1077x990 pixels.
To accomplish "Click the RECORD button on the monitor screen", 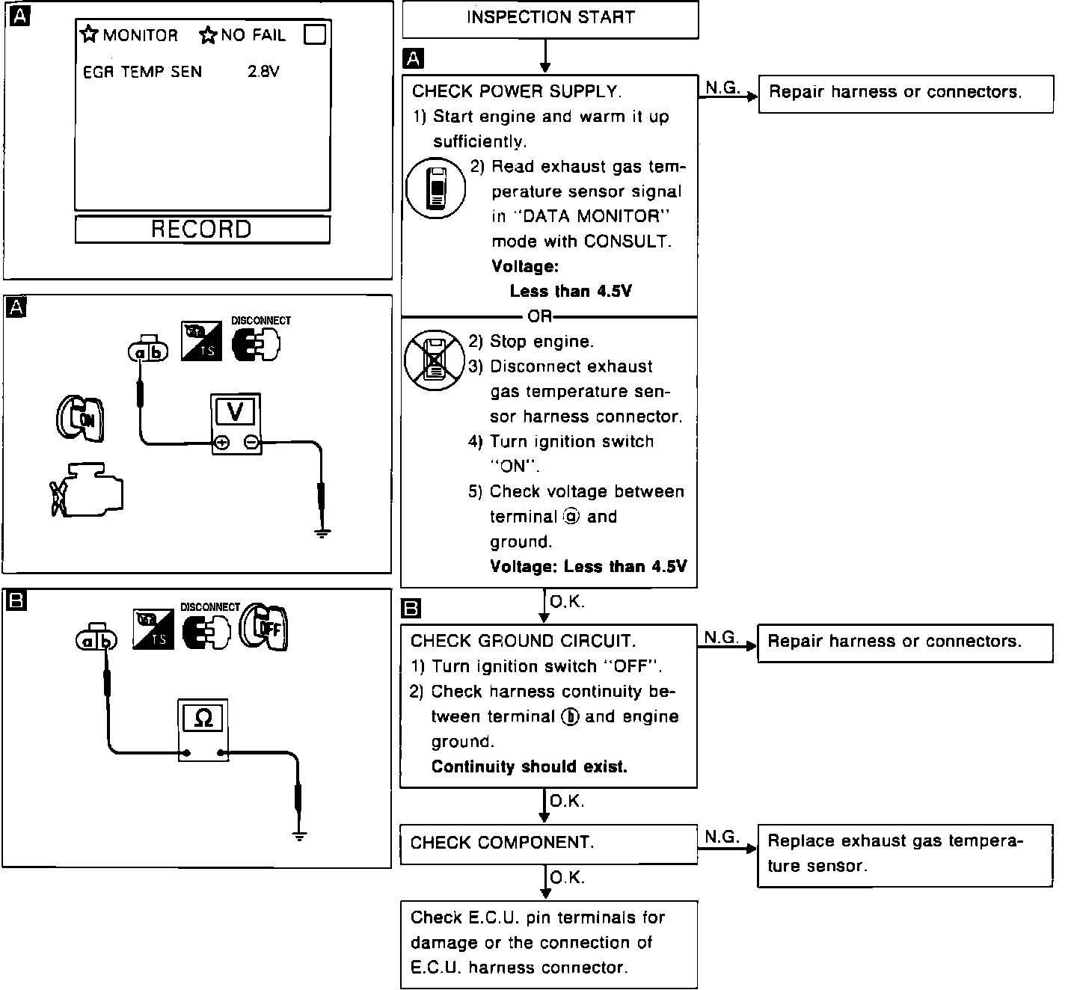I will (202, 230).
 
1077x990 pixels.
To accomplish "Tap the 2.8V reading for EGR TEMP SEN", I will (263, 72).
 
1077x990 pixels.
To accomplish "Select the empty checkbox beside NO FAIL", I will (315, 35).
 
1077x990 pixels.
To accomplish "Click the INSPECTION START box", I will (550, 19).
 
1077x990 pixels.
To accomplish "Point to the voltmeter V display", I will (235, 411).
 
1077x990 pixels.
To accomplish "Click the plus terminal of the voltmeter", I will (221, 443).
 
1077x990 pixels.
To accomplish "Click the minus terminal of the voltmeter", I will (251, 443).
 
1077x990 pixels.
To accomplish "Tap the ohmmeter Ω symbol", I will (203, 719).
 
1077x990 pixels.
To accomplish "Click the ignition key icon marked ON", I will (79, 417).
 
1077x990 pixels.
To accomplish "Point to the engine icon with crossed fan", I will (86, 492).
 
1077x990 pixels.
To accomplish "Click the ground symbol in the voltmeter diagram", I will (322, 533).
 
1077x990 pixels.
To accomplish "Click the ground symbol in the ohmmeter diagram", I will (299, 836).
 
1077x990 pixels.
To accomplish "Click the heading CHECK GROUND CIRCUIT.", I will (523, 642).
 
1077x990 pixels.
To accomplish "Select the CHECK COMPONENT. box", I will (548, 844).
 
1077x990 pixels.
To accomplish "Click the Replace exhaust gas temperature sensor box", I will (905, 855).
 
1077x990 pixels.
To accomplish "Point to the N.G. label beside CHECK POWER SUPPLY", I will (722, 87).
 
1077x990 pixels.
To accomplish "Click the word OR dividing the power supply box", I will (540, 317).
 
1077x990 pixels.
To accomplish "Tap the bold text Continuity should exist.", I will (529, 767).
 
